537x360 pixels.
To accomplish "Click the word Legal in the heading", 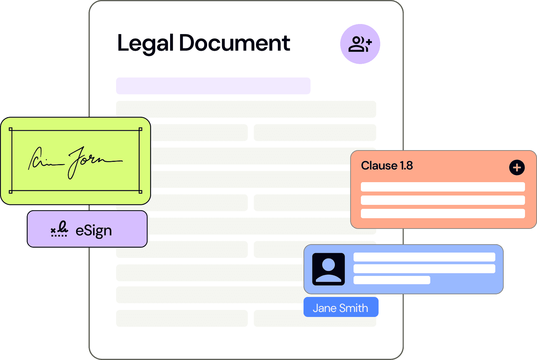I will coord(145,43).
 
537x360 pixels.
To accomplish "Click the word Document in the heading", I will coord(234,43).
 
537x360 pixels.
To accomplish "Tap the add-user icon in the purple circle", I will coord(360,44).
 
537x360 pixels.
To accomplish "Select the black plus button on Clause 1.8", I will coord(517,167).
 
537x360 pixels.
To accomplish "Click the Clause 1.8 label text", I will coord(387,165).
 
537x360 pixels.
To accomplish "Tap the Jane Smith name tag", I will coord(341,307).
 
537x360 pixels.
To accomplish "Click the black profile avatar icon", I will coord(329,269).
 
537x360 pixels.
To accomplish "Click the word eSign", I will coord(94,231).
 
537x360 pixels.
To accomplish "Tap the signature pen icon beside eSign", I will coord(59,229).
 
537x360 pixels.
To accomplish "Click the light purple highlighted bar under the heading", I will coord(213,86).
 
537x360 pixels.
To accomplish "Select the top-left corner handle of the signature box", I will coord(11,129).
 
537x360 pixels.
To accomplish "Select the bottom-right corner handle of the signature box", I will coord(140,192).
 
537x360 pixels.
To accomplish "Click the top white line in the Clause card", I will coord(443,187).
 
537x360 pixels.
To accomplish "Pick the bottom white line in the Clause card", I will coord(443,214).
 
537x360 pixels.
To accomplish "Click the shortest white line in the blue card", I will coord(392,280).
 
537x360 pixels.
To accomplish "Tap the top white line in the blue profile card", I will coord(424,257).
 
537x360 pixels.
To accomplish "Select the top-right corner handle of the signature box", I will coord(140,129).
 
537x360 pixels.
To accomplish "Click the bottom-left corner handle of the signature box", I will coord(11,192).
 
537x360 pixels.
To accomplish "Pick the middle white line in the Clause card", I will coord(443,200).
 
